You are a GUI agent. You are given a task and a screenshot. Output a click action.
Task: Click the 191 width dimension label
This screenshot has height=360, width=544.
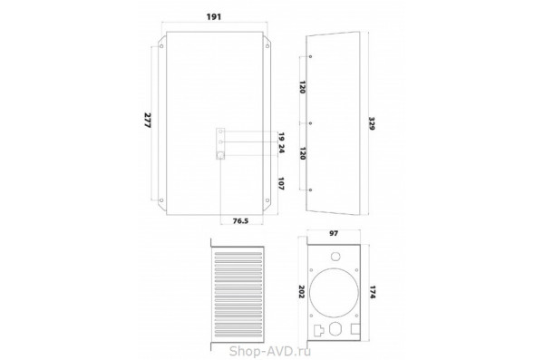coord(214,16)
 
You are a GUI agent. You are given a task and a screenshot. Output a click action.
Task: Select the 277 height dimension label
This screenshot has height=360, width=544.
coord(148,120)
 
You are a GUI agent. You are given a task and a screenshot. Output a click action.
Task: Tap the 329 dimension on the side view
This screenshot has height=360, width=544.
coord(372,123)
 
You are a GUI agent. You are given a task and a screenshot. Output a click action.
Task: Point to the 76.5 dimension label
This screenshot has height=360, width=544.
coord(240,220)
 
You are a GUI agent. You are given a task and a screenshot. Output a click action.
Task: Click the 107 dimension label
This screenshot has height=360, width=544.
coord(281,184)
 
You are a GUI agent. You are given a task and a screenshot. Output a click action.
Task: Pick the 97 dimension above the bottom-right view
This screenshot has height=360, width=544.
coord(334,233)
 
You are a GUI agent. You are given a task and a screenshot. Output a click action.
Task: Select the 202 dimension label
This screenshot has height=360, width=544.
coord(301,292)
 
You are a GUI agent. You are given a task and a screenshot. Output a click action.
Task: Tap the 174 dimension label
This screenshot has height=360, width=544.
coord(373,292)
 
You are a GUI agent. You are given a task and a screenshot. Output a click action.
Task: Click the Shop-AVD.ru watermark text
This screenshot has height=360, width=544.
coord(270,351)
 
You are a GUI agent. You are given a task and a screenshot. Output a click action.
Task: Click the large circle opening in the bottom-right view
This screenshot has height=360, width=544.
coord(334,292)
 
